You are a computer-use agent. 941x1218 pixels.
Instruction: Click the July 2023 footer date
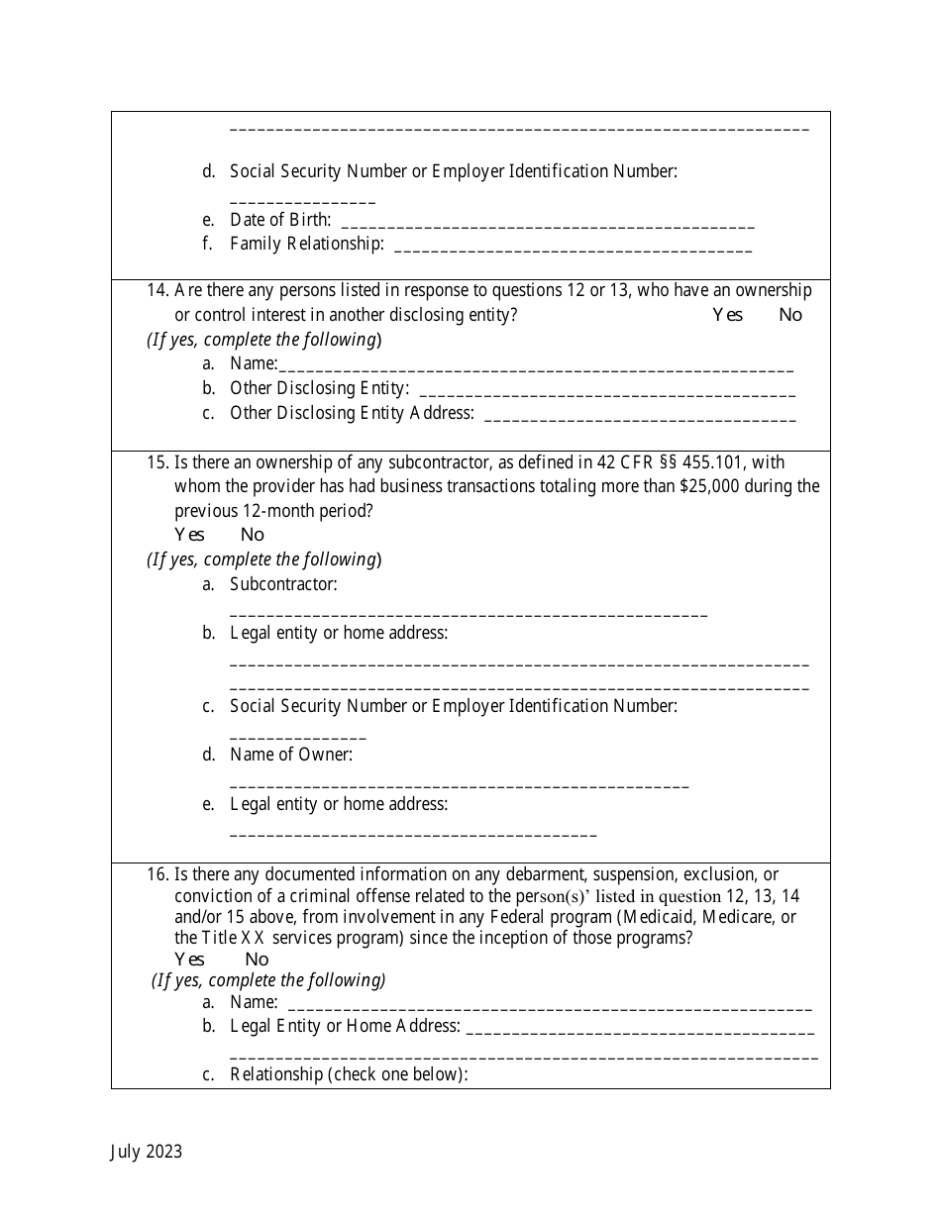146,1151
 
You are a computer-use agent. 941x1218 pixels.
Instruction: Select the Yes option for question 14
727,315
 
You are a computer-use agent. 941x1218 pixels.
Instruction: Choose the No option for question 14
789,315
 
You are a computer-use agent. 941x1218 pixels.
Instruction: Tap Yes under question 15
189,535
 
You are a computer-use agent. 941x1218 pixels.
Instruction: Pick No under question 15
252,535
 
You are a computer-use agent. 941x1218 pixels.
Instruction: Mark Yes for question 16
189,959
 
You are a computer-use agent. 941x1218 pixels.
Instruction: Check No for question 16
256,959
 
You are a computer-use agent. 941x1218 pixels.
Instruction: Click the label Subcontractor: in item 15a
283,584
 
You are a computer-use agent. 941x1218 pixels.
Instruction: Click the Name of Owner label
290,755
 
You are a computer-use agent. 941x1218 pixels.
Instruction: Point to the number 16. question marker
157,874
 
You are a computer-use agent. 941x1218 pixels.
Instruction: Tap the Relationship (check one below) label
349,1074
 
